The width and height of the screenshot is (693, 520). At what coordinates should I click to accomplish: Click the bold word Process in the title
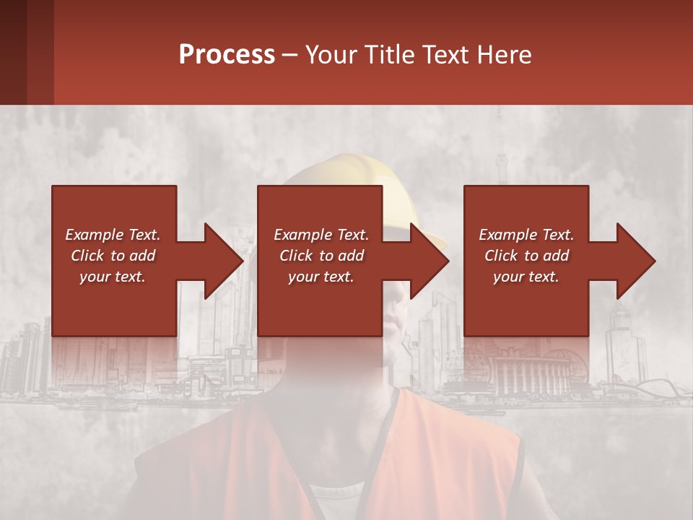[x=227, y=55]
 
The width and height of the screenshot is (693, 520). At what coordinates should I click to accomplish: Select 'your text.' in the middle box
[x=321, y=277]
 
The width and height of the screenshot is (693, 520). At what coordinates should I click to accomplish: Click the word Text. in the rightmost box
[x=558, y=235]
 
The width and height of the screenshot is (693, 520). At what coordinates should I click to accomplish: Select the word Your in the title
[x=330, y=55]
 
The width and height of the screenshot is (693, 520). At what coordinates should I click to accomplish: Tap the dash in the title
[x=289, y=55]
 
